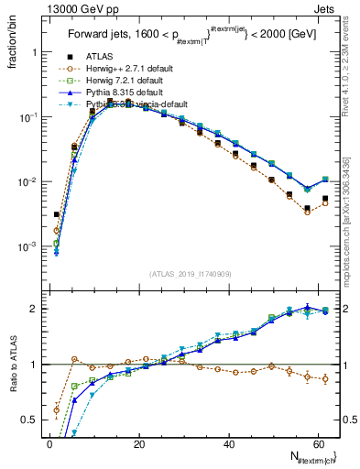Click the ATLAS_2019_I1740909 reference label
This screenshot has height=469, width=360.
pos(191,274)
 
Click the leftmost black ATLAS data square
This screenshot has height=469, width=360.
pos(57,214)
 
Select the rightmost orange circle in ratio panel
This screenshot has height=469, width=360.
pos(325,378)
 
